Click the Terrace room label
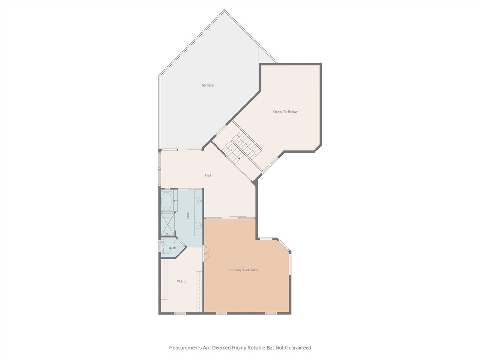[x=208, y=85]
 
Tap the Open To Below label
[x=285, y=112]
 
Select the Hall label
[x=208, y=175]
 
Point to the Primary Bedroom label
[x=243, y=270]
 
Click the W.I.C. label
[x=182, y=281]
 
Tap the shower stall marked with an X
[x=168, y=224]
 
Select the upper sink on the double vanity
[x=198, y=201]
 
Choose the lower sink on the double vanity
[x=198, y=225]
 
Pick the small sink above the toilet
[x=163, y=242]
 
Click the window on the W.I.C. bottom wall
[x=180, y=313]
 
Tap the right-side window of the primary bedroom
[x=290, y=264]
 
